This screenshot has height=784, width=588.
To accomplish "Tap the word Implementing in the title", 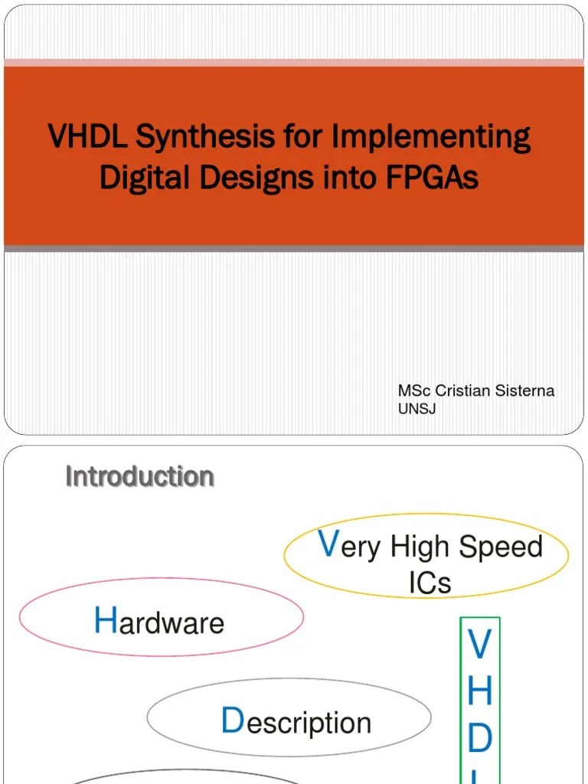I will pos(430,137).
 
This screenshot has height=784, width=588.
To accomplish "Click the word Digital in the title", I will pos(145,178).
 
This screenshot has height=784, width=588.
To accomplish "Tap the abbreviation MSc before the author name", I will pos(414,391).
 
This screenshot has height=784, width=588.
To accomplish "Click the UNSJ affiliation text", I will pos(416,409).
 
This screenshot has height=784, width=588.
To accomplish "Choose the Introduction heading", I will pos(139,476).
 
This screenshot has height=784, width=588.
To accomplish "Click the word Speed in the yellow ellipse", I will pos(501,547).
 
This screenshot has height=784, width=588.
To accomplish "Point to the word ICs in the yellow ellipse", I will pos(430,583).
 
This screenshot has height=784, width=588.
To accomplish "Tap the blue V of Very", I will pos(328,544).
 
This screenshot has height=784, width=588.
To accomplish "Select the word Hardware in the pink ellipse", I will pos(159,622).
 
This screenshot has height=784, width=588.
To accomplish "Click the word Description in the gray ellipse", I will pos(296,722).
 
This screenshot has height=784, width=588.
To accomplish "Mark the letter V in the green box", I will pos(479,645).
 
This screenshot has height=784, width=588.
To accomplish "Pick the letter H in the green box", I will pos(479,691).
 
